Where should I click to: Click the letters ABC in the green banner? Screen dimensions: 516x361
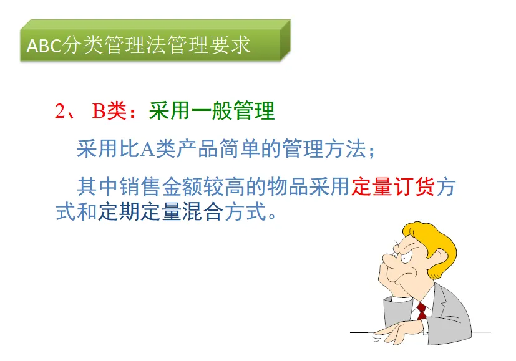(x=44, y=46)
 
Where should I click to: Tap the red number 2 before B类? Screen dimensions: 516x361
(x=61, y=111)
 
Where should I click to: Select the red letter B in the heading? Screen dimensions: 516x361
(x=99, y=111)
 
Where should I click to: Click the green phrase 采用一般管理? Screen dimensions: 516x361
(x=212, y=111)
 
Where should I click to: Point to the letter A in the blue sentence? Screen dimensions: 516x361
(x=148, y=149)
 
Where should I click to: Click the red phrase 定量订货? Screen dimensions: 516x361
(x=393, y=186)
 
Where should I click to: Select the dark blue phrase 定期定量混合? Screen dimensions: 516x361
(x=160, y=211)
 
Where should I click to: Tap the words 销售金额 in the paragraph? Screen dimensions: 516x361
(x=161, y=186)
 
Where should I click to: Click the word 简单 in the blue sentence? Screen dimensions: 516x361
(x=240, y=149)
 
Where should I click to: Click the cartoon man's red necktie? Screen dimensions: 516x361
(x=422, y=311)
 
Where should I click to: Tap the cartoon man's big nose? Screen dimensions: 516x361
(x=389, y=260)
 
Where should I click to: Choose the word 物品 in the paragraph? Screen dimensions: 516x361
(x=287, y=186)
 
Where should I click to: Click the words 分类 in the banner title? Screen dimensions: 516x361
(x=82, y=45)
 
